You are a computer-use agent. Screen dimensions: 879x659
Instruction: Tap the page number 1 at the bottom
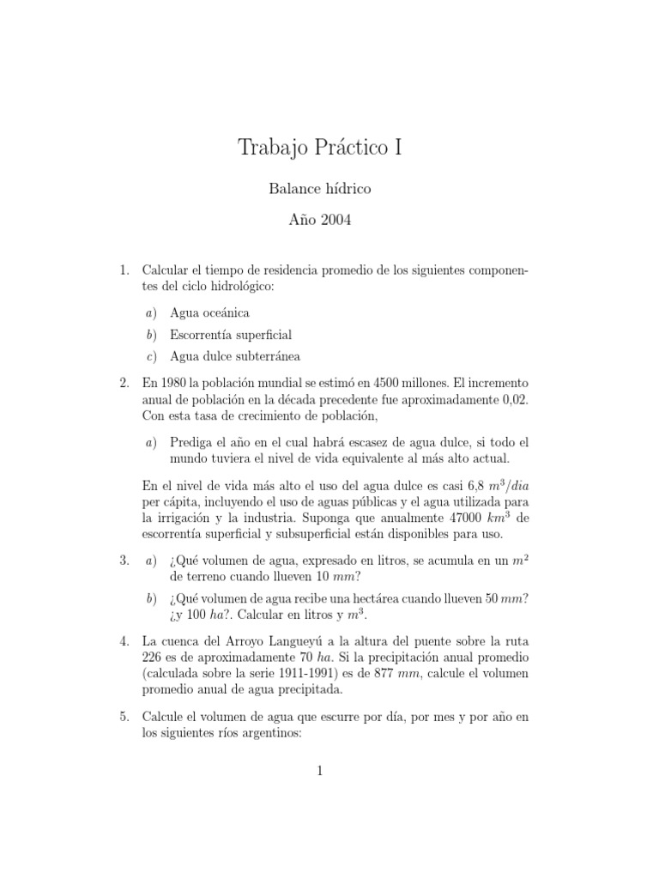[319, 771]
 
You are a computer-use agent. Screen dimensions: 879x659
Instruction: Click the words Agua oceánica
[209, 313]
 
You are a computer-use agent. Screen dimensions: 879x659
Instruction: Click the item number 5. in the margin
[124, 714]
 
